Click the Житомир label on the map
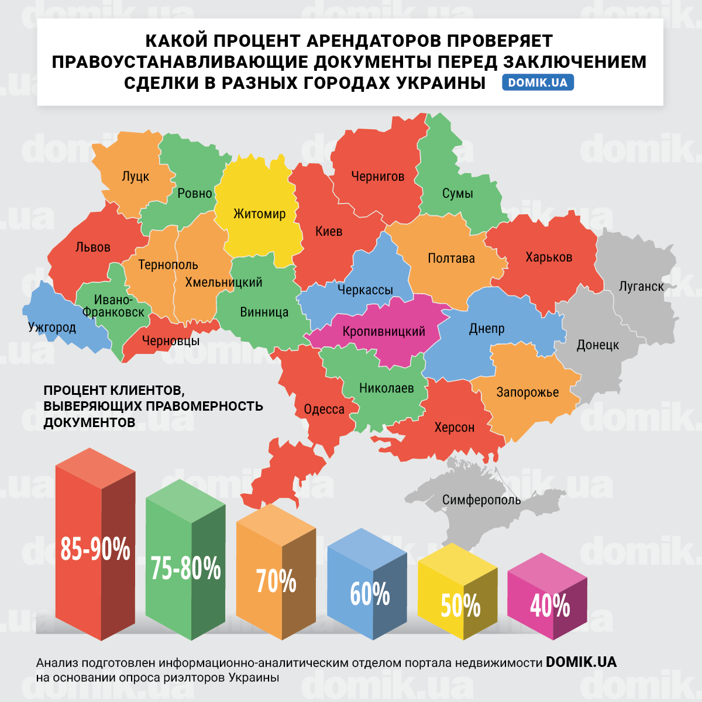point(259,214)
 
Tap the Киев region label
point(329,232)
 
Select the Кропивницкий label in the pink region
point(384,332)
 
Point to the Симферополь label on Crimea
point(481,500)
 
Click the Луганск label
point(641,287)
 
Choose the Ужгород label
point(52,328)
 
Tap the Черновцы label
point(171,341)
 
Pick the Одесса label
point(324,409)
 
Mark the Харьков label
point(549,257)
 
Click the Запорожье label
point(528,393)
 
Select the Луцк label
point(135,177)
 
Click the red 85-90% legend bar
point(95,550)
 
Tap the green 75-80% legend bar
point(185,567)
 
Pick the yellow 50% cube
point(460,605)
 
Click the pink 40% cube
point(549,605)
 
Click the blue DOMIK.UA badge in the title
point(538,82)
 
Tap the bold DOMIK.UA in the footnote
point(581,662)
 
